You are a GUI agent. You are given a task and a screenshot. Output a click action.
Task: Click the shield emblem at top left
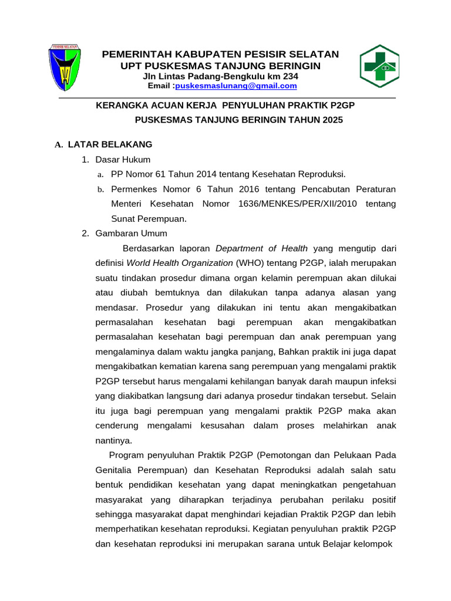[64, 66]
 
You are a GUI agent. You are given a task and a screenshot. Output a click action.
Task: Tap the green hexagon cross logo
[379, 66]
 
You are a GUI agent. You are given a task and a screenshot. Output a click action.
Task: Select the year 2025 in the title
[331, 120]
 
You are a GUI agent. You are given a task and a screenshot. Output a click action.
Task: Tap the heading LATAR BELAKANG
[110, 144]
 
